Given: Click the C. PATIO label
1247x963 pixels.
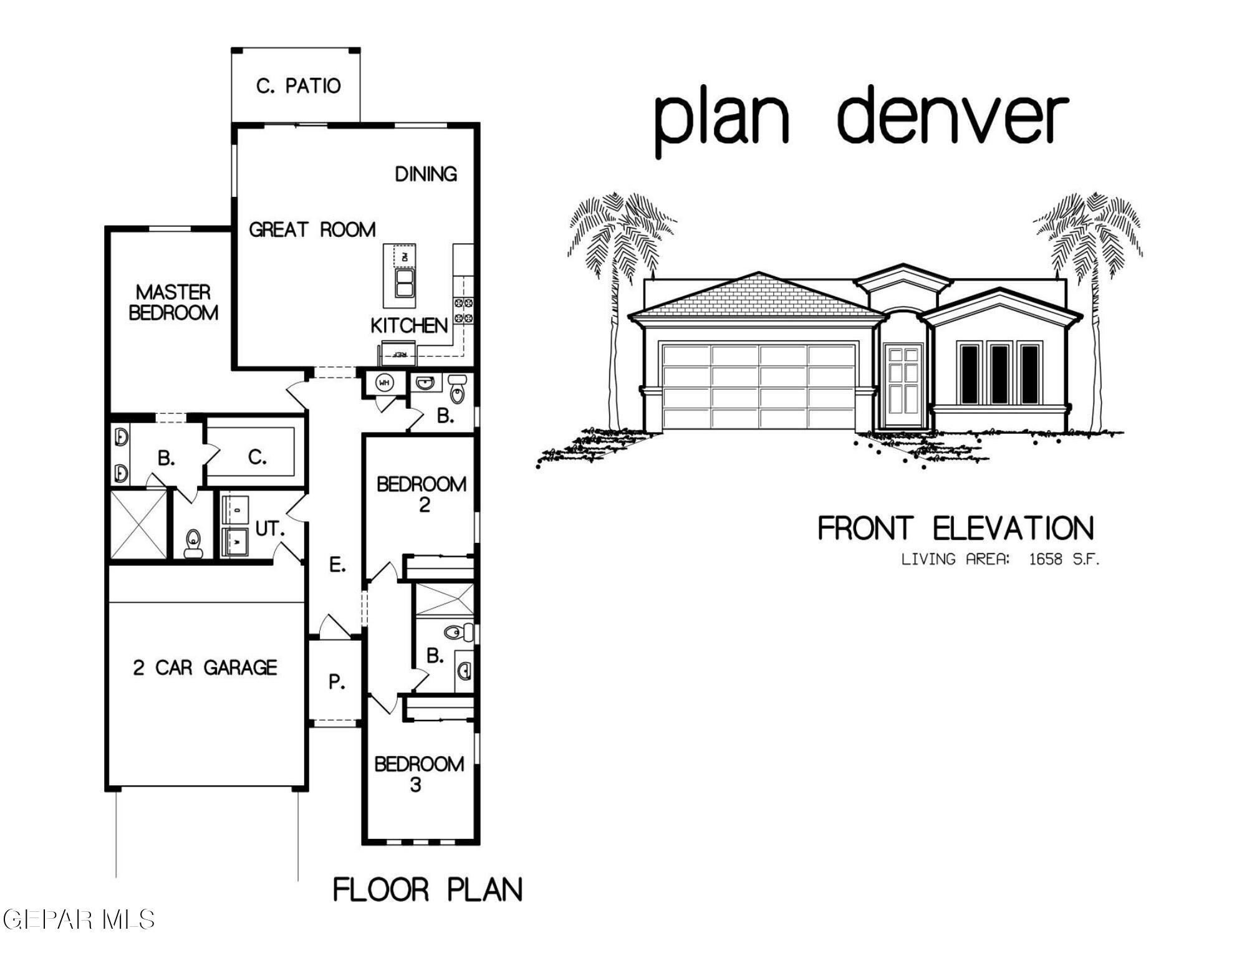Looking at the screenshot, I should pyautogui.click(x=298, y=86).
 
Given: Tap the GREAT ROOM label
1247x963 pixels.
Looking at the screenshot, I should pyautogui.click(x=312, y=230).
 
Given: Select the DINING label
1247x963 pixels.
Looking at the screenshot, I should pyautogui.click(x=426, y=174).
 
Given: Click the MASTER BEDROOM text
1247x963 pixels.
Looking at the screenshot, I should pyautogui.click(x=173, y=302).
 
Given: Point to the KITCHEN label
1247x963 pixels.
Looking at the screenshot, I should pyautogui.click(x=409, y=325).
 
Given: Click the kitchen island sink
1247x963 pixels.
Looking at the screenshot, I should pyautogui.click(x=404, y=284).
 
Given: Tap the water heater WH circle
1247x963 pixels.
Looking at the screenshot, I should pyautogui.click(x=384, y=383).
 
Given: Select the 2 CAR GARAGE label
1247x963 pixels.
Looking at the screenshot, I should pyautogui.click(x=205, y=668).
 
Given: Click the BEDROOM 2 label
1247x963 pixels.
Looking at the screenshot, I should pyautogui.click(x=421, y=494).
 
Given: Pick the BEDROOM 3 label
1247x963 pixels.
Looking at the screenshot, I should pyautogui.click(x=418, y=774).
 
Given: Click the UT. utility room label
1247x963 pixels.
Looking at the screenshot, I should pyautogui.click(x=269, y=529).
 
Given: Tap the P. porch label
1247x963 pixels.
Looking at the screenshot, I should pyautogui.click(x=337, y=682).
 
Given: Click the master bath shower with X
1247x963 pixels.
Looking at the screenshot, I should pyautogui.click(x=138, y=524).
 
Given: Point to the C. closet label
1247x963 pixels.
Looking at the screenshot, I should pyautogui.click(x=257, y=458).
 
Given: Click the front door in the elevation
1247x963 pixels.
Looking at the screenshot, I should pyautogui.click(x=903, y=386).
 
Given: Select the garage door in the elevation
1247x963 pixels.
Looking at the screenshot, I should pyautogui.click(x=759, y=386).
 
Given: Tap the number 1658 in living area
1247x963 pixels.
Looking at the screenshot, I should pyautogui.click(x=1045, y=559).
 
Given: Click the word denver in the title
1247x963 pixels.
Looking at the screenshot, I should pyautogui.click(x=952, y=117).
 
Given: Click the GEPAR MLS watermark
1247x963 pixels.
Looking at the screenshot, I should pyautogui.click(x=79, y=919).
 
